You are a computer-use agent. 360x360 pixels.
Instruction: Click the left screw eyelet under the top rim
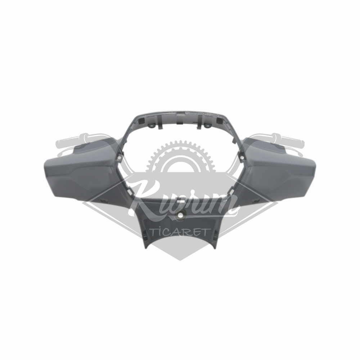click(x=152, y=126)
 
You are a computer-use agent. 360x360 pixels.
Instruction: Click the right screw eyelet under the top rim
click(x=208, y=126)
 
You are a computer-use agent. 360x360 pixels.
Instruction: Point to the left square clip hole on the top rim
click(x=141, y=120)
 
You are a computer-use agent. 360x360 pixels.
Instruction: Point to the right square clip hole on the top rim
click(x=219, y=120)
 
